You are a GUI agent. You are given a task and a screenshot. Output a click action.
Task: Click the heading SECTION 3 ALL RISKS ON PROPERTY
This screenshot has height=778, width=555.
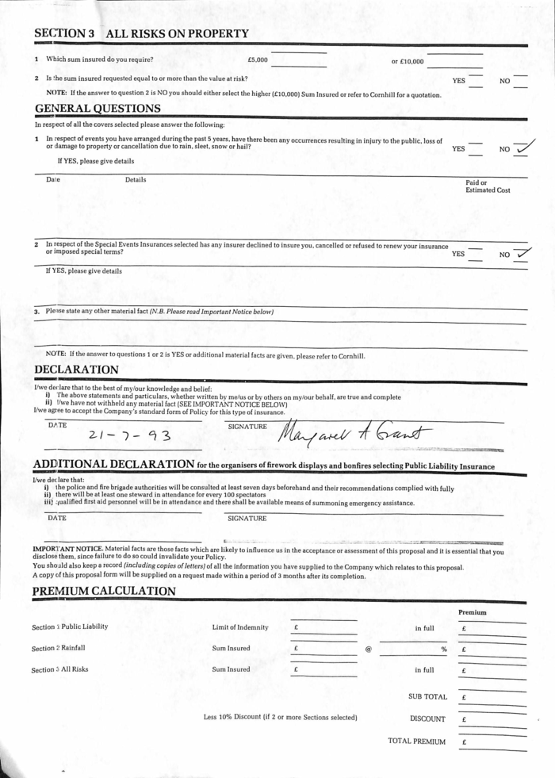point(141,34)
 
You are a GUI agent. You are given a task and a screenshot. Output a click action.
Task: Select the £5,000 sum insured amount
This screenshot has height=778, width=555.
point(258,60)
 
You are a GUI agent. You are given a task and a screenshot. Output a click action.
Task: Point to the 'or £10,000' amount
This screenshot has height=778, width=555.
point(408,61)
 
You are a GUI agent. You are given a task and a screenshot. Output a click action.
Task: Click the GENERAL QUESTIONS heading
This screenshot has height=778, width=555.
point(98,108)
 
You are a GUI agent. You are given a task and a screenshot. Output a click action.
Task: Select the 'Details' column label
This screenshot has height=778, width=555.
point(136,180)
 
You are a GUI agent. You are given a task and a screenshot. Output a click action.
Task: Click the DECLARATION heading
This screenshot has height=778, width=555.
point(76,370)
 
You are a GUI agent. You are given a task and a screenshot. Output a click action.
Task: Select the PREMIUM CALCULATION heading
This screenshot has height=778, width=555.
point(104,592)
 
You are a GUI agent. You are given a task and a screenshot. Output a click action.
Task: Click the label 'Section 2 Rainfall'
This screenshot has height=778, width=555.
point(58,648)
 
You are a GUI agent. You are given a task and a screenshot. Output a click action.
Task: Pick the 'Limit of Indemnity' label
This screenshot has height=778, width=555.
point(239,627)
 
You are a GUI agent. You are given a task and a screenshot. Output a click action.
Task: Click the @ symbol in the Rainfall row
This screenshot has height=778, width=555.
point(368,649)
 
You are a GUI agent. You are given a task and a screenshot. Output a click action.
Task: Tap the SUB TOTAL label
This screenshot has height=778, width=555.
point(427,697)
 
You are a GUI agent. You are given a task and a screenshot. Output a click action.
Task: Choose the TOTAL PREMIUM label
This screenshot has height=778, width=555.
point(416,742)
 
